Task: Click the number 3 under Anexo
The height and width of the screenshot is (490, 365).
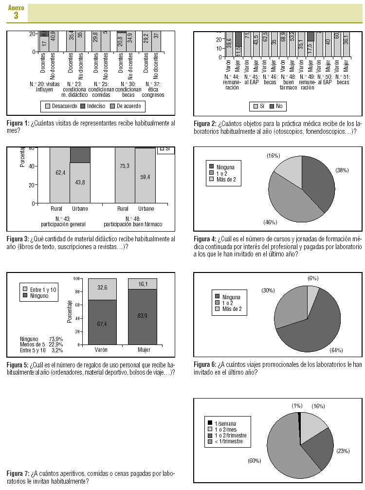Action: coord(16,16)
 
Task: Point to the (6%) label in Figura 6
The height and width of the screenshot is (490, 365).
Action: coord(313,278)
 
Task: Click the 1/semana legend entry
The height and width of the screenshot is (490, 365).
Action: coord(225,423)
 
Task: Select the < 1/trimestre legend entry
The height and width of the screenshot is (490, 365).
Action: coord(228,442)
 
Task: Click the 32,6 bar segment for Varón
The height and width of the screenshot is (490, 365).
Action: coord(102,288)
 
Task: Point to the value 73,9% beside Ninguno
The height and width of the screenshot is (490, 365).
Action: coord(56,339)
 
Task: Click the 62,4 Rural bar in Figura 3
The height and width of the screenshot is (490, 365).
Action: coord(60,173)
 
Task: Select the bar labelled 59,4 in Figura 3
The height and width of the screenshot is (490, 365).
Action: coord(145,175)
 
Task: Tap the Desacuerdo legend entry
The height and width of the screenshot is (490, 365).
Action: coord(60,106)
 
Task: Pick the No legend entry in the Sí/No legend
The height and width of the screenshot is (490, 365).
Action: coord(276,106)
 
